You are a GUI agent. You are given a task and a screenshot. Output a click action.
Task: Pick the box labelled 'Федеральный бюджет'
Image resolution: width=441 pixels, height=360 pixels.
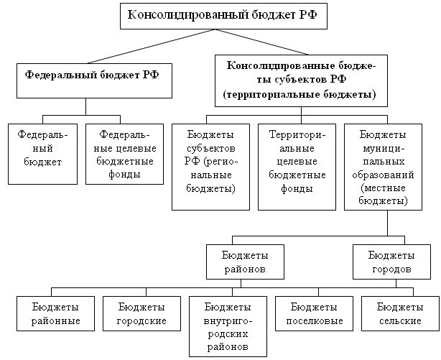point(39,154)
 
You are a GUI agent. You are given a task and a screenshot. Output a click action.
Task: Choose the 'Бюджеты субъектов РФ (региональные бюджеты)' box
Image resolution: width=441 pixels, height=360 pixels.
point(211,167)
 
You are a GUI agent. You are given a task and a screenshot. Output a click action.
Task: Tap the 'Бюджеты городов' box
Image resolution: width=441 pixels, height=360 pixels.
point(391,262)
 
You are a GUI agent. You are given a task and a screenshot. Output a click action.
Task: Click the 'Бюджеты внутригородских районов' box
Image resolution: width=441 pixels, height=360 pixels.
point(226,326)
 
